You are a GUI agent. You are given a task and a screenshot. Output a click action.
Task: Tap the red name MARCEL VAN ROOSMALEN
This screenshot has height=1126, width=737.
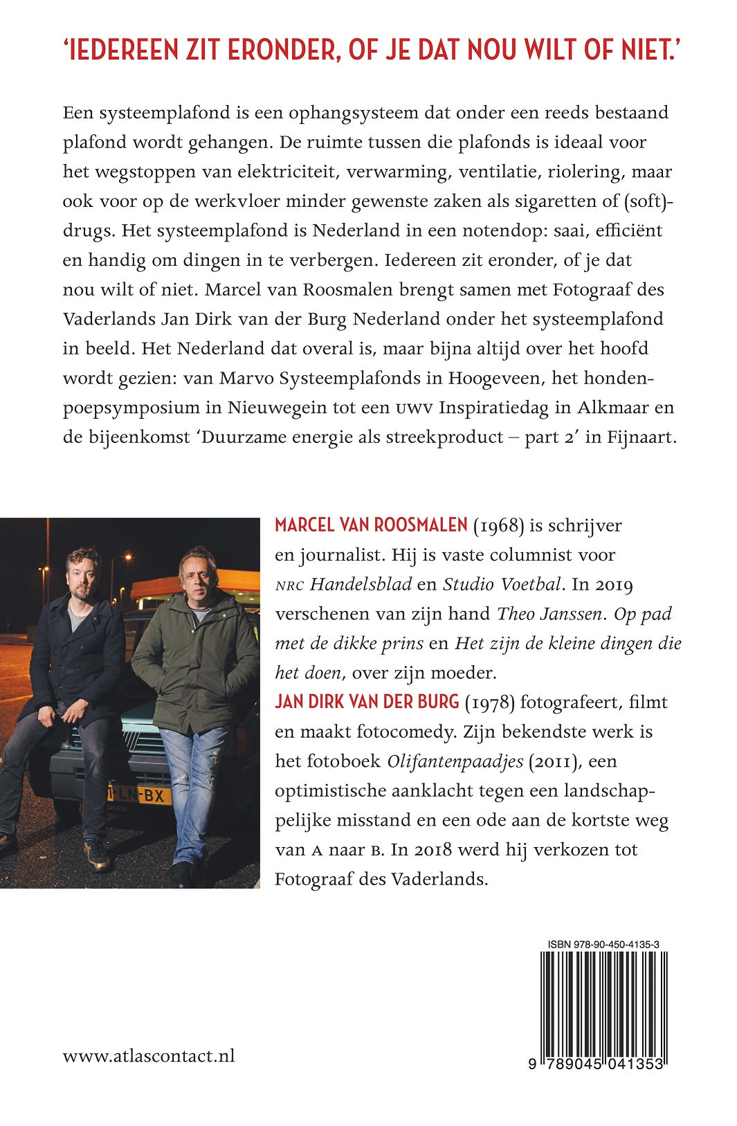pos(371,525)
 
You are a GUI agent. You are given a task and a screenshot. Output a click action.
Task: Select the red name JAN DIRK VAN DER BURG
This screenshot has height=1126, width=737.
pos(367,702)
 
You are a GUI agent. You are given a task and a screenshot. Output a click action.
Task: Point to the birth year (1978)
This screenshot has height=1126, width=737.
pos(490,702)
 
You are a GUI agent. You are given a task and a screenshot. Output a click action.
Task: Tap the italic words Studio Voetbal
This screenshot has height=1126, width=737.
pos(501,584)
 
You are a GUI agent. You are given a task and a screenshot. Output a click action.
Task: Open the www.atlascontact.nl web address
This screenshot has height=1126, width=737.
pos(149,1056)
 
